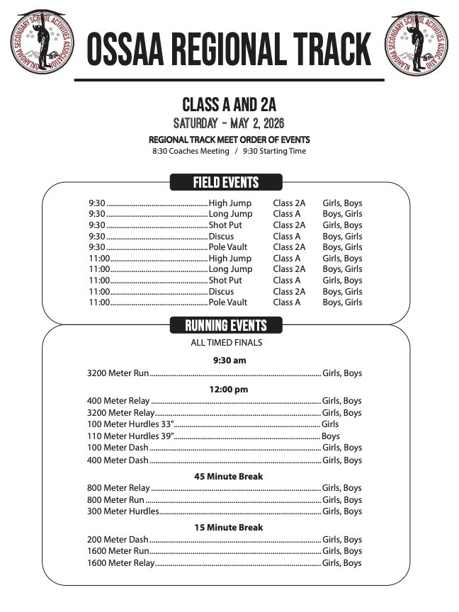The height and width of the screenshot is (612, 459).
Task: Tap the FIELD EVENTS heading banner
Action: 226,183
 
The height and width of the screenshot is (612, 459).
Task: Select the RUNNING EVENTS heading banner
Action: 226,326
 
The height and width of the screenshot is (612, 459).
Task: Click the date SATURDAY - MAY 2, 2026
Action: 229,123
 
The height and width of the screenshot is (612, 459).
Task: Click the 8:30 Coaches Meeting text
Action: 191,151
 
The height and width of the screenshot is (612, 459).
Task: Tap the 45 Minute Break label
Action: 228,477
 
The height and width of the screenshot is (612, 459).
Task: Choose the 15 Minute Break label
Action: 228,528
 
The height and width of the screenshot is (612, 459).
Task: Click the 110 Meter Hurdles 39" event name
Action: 130,436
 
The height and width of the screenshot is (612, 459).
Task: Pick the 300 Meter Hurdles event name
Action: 123,511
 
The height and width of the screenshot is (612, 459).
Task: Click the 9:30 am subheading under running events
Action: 229,361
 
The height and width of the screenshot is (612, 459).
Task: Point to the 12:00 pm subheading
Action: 229,390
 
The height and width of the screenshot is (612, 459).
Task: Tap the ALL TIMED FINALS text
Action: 227,343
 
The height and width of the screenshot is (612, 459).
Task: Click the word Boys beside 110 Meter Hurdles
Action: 331,436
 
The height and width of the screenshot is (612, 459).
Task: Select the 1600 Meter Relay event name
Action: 120,563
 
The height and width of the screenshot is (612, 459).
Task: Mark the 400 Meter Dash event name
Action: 118,460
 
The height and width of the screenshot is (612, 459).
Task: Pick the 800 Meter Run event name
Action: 115,500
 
